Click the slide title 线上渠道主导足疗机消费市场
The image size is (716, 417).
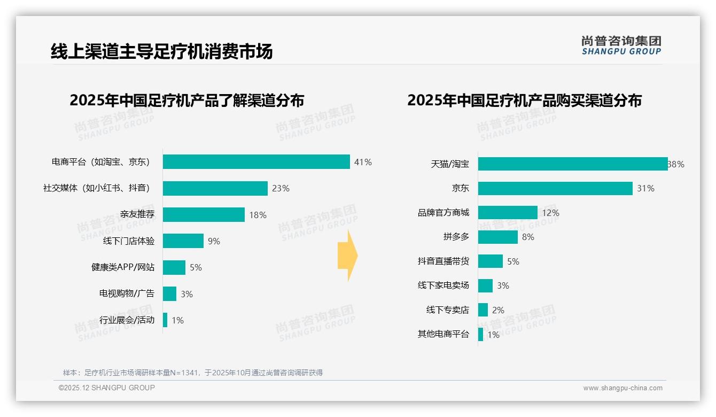pos(161,51)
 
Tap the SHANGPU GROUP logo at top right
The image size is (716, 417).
pos(621,45)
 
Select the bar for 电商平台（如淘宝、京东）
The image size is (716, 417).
pos(256,162)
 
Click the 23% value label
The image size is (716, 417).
pos(281,188)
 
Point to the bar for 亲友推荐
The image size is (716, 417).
pos(204,214)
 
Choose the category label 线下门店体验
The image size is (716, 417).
pos(129,241)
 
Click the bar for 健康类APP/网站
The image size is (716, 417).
pos(174,267)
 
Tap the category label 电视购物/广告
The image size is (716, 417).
pos(127,294)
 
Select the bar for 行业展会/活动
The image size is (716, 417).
pos(165,320)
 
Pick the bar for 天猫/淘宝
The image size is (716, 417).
pos(572,164)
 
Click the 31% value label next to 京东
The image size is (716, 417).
pos(645,188)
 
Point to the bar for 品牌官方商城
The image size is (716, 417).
pos(508,213)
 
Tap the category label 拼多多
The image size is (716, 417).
pos(456,237)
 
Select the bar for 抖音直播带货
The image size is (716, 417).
pos(491,261)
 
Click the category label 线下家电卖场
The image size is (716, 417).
pos(443,285)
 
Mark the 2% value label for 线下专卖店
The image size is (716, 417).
pos(498,310)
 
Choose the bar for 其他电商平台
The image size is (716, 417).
pos(481,335)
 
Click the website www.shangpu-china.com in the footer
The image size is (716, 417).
pos(622,388)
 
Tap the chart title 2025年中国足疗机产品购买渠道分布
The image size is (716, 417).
pos(524,101)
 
